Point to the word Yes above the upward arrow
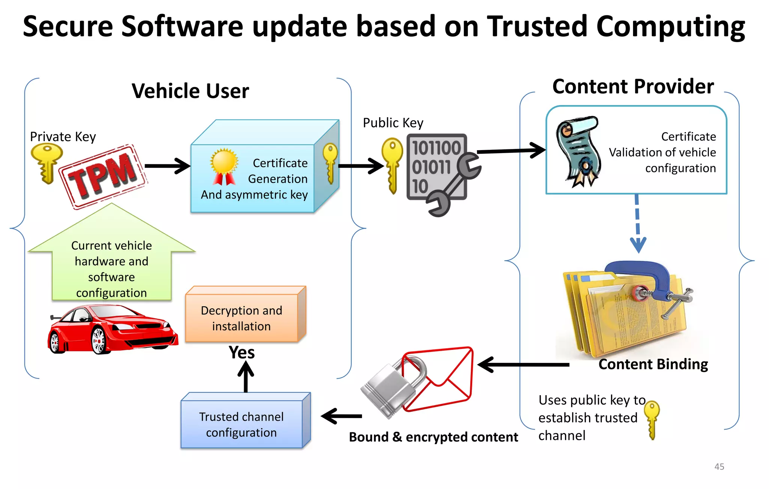(242, 353)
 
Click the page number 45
(719, 466)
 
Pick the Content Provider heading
(633, 87)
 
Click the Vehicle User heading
(190, 91)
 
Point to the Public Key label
(393, 123)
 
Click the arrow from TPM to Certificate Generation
(167, 166)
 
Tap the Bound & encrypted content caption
(433, 437)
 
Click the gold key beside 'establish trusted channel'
(652, 418)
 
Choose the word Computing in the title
(671, 27)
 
